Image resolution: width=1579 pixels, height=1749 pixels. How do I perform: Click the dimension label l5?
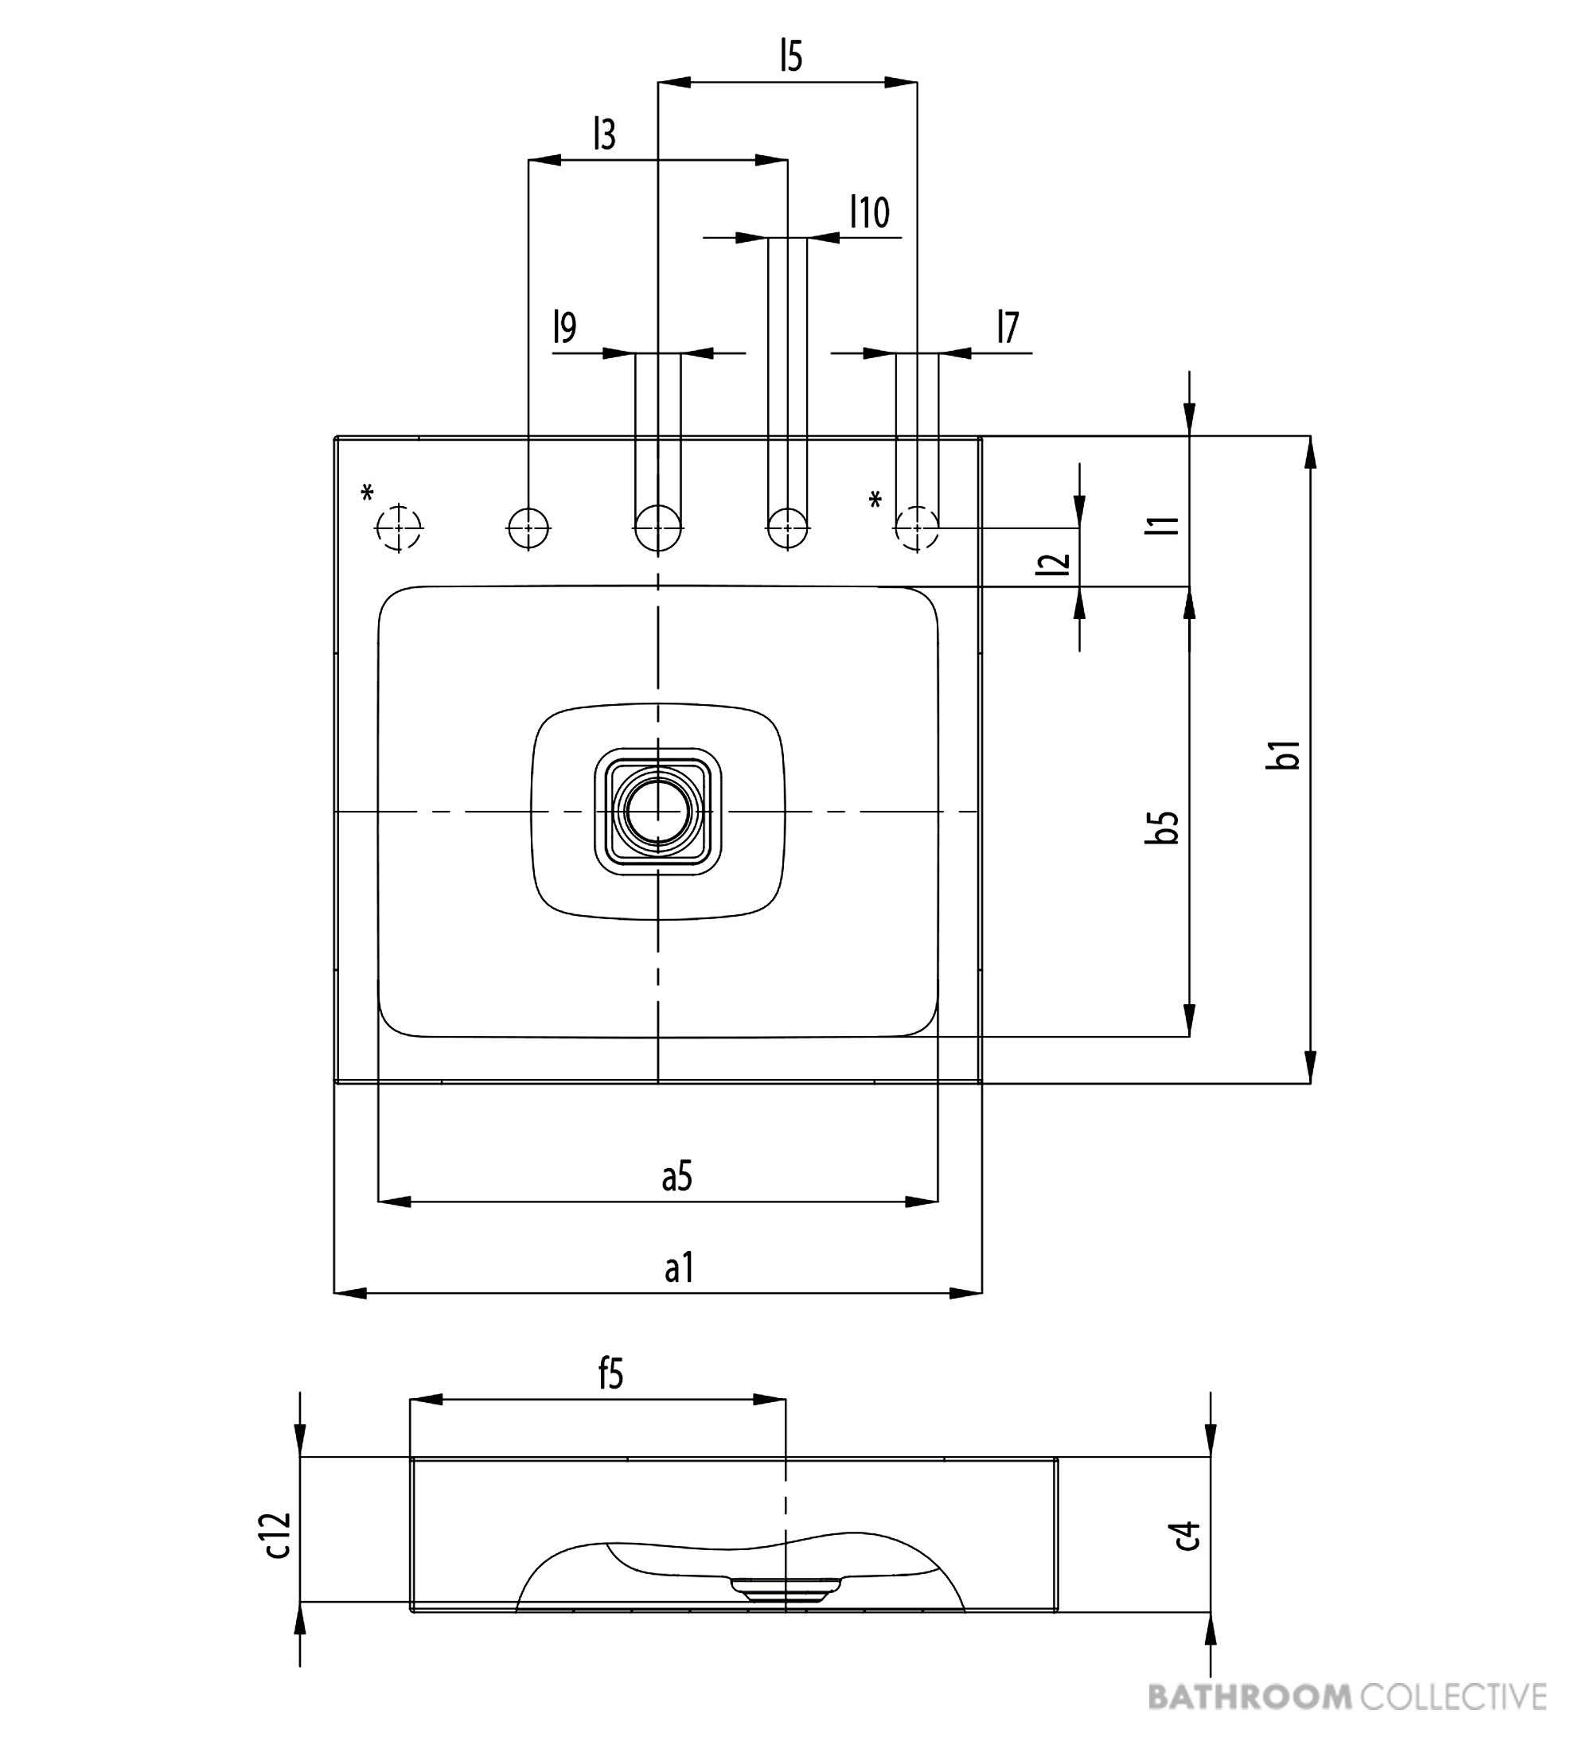pyautogui.click(x=790, y=56)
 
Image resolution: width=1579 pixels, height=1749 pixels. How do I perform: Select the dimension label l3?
pyautogui.click(x=605, y=134)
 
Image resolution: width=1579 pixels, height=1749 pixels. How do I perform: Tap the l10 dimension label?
pyautogui.click(x=869, y=212)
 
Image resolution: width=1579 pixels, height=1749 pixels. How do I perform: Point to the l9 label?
pyautogui.click(x=565, y=328)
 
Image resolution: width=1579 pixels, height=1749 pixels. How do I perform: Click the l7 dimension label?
pyautogui.click(x=1008, y=328)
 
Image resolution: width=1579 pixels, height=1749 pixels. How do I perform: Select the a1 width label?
pyautogui.click(x=680, y=1268)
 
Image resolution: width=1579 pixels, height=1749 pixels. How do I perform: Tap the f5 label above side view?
pyautogui.click(x=610, y=1374)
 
